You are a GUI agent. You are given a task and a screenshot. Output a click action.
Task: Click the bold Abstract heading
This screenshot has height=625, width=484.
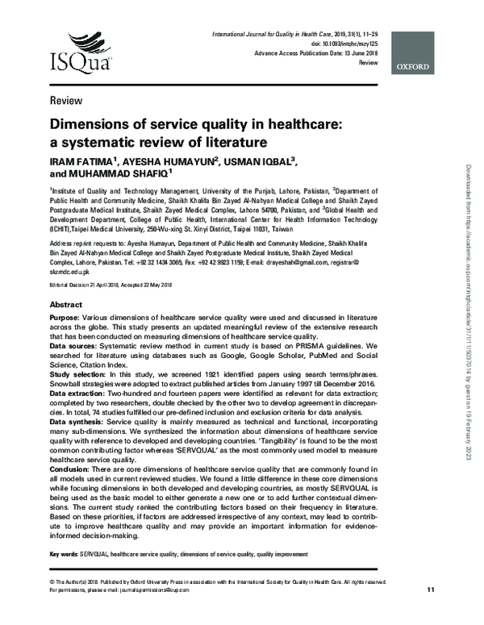[66, 306]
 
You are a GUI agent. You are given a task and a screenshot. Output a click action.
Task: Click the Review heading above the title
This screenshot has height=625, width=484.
[65, 101]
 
